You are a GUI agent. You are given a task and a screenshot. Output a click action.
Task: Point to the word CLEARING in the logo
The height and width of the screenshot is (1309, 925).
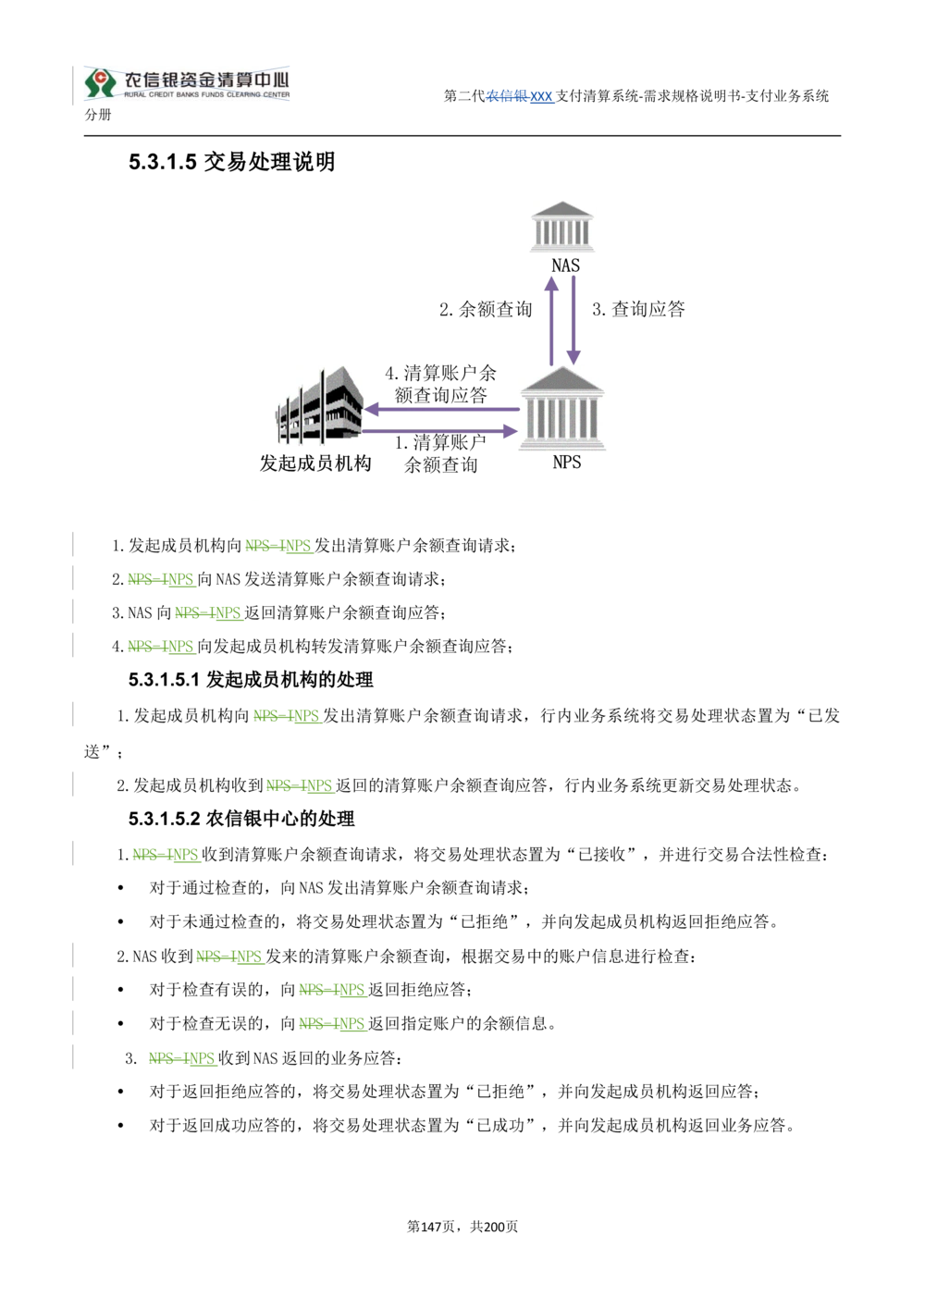point(248,95)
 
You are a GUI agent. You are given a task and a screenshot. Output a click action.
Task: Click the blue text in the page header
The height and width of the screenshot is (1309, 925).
point(523,97)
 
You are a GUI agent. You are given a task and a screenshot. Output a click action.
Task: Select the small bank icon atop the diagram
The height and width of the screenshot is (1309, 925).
point(562,228)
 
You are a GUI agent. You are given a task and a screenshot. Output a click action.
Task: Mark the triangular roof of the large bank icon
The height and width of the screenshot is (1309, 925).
point(565,380)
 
